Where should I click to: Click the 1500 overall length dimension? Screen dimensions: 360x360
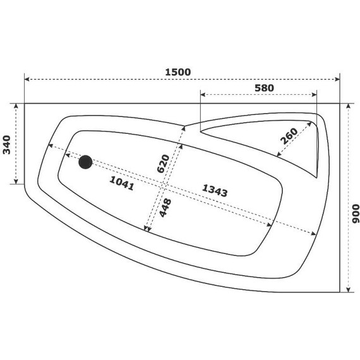pyautogui.click(x=177, y=72)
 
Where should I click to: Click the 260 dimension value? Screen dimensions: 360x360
pyautogui.click(x=289, y=135)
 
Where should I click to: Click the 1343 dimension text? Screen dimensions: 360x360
pyautogui.click(x=214, y=189)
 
